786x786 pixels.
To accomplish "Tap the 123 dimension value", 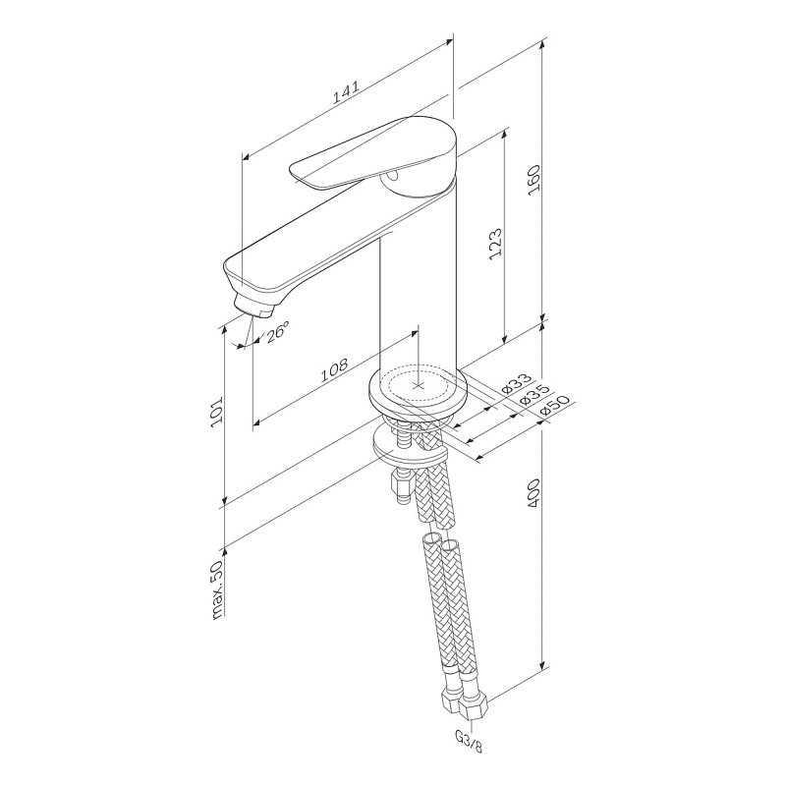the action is (495, 244).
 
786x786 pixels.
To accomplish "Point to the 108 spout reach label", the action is (334, 369).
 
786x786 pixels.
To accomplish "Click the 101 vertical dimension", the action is (216, 413).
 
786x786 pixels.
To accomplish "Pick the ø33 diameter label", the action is (517, 383).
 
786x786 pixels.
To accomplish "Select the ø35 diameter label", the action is (534, 395).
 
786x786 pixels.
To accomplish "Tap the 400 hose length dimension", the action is (533, 494).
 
